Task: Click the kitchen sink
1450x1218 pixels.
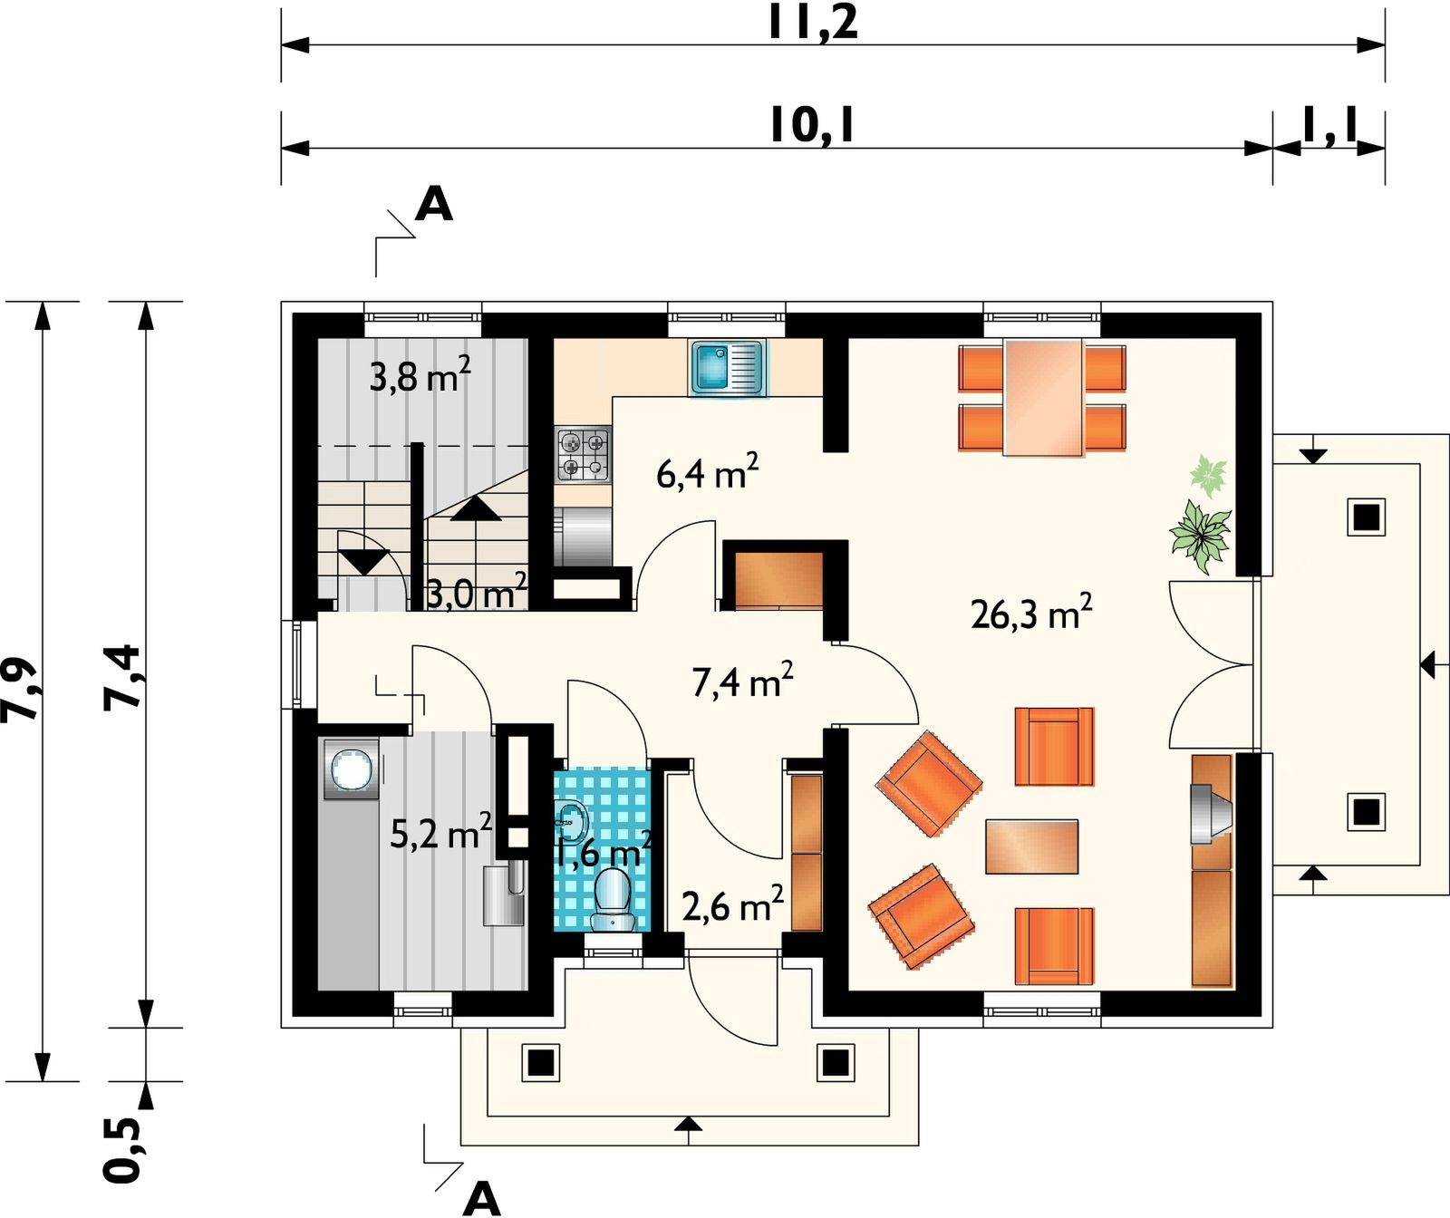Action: pyautogui.click(x=728, y=368)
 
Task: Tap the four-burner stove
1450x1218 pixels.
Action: pyautogui.click(x=583, y=455)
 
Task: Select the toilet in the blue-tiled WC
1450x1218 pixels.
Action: pyautogui.click(x=614, y=900)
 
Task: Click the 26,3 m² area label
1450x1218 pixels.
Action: pyautogui.click(x=1031, y=613)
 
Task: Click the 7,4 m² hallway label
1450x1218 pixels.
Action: pyautogui.click(x=742, y=680)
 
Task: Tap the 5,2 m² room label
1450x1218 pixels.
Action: pyautogui.click(x=440, y=831)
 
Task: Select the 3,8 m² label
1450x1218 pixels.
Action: pyautogui.click(x=420, y=374)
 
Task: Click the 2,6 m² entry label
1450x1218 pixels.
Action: pyautogui.click(x=732, y=904)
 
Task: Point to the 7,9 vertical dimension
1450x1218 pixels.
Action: pyautogui.click(x=20, y=690)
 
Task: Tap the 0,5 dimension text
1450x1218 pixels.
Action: pyautogui.click(x=122, y=1149)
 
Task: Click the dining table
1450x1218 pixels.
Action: pyautogui.click(x=1043, y=397)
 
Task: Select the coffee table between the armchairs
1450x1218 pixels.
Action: pyautogui.click(x=1031, y=846)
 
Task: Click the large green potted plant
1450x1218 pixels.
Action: pyautogui.click(x=1201, y=537)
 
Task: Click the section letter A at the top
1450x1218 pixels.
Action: pyautogui.click(x=433, y=205)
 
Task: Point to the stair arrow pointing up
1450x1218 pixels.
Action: pyautogui.click(x=476, y=508)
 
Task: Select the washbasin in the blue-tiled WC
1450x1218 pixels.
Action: pyautogui.click(x=570, y=821)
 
